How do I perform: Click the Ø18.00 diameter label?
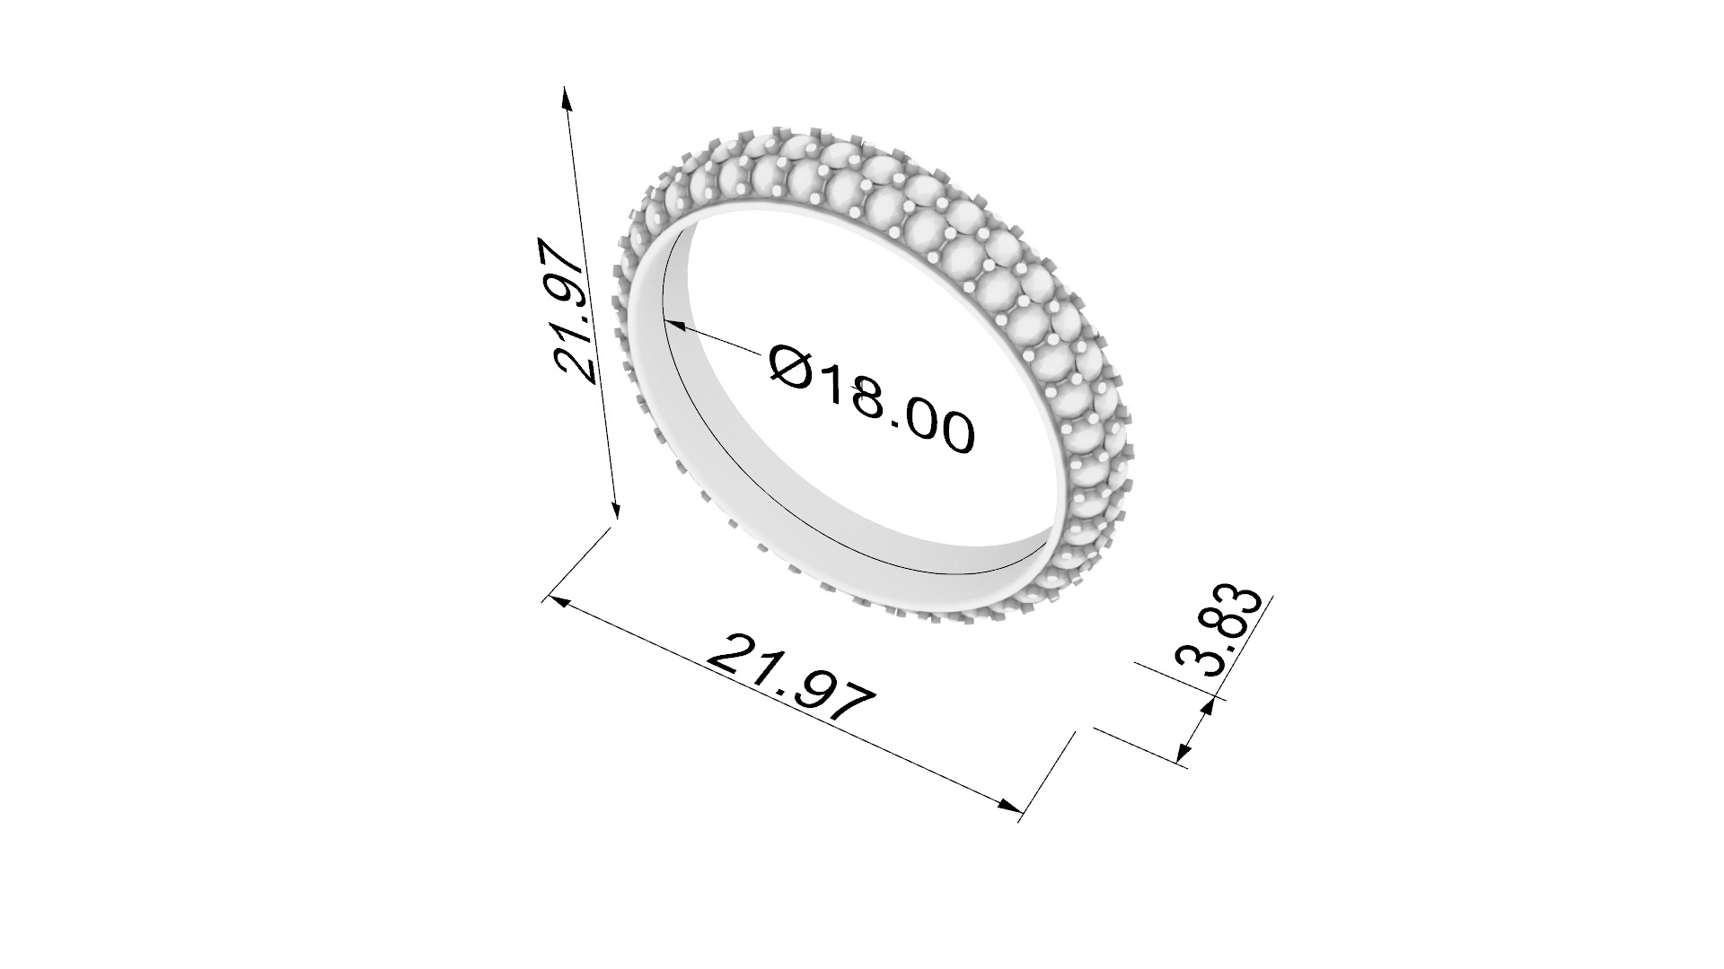click(x=871, y=399)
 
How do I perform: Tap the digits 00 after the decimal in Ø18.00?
click(x=938, y=429)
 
